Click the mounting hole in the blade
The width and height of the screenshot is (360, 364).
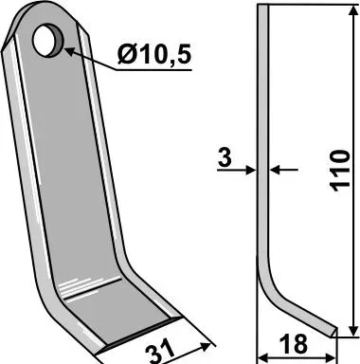point(48,41)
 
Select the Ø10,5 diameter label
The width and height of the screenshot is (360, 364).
point(154,54)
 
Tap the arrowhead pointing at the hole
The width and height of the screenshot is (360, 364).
point(70,52)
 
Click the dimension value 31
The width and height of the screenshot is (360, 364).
point(160,353)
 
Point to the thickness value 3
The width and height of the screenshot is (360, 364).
point(225,157)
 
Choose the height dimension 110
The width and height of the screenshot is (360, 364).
point(340,171)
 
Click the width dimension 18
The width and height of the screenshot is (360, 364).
point(293,344)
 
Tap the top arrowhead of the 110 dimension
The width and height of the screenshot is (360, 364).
point(352,9)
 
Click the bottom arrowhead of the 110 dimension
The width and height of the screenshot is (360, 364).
point(352,332)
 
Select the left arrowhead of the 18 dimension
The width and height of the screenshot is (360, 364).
point(262,358)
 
